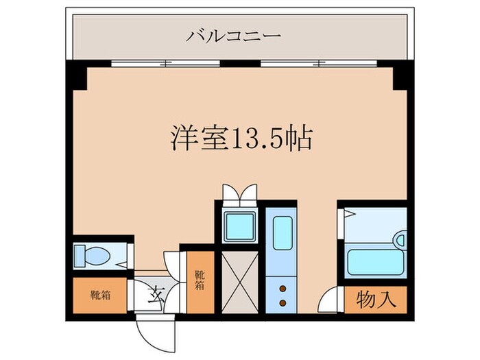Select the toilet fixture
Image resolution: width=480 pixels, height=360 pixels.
(x=92, y=256)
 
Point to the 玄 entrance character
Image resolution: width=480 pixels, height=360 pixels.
(x=155, y=296)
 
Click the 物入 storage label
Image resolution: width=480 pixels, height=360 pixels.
(x=376, y=300)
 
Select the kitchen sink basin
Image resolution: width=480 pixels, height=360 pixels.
(x=283, y=232)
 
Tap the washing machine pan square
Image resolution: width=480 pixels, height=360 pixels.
(x=239, y=226)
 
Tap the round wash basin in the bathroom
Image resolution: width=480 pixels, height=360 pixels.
(x=400, y=241)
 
